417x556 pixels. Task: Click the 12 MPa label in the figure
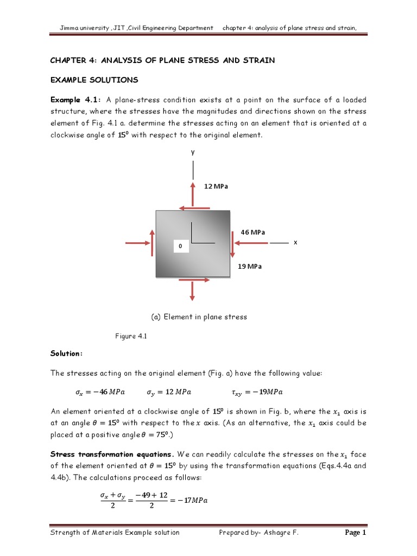(216, 186)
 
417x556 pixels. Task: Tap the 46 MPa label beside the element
(252, 232)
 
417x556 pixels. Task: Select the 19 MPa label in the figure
(250, 267)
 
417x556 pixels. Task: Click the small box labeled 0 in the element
(181, 247)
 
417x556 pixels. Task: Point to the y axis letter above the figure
(192, 153)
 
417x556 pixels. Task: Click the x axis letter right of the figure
(295, 243)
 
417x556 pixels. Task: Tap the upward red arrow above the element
(192, 193)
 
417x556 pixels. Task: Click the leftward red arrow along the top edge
(194, 207)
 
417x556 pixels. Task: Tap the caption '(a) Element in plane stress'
(198, 317)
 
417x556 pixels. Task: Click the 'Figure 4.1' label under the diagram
(131, 336)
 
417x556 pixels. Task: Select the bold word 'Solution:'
(66, 353)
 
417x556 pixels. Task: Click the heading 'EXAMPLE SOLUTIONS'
(94, 80)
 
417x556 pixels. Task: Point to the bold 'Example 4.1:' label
(76, 100)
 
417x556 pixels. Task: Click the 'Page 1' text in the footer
(356, 533)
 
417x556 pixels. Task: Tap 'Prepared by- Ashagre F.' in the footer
(258, 533)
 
